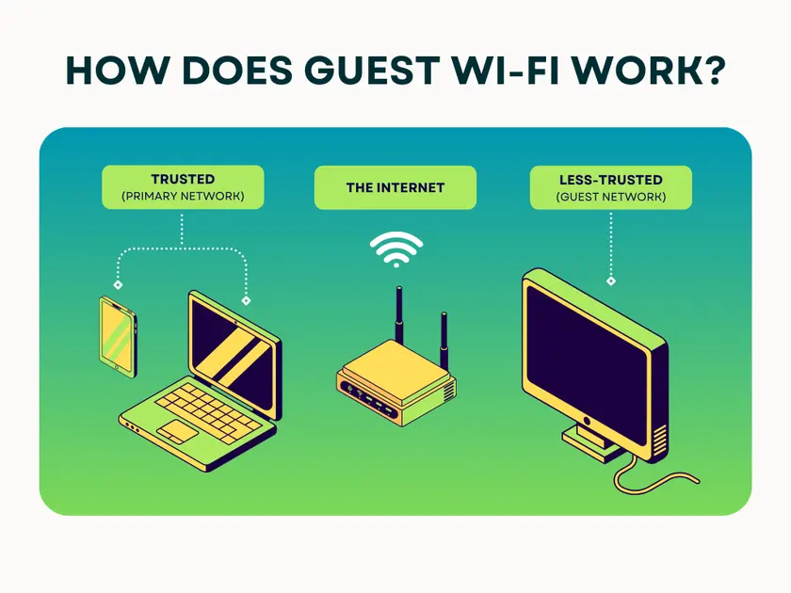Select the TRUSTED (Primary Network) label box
[x=183, y=186]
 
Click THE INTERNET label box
[x=395, y=187]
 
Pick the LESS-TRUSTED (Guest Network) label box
[x=610, y=186]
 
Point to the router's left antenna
[x=398, y=315]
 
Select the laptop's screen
[x=233, y=352]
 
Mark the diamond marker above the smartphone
[x=118, y=283]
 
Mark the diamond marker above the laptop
[x=247, y=301]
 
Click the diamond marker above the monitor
[x=611, y=280]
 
